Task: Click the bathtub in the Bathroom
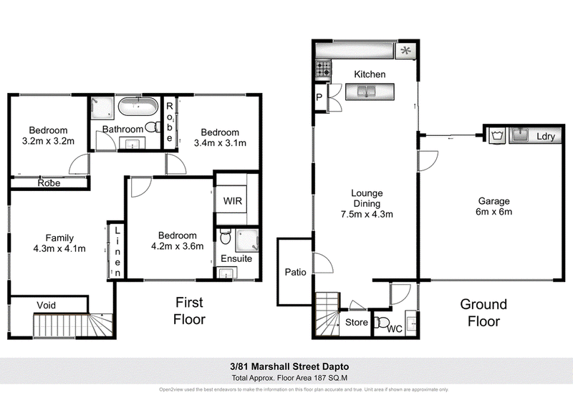pos(138,107)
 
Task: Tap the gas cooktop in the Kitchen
pos(324,69)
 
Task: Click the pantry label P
pos(319,97)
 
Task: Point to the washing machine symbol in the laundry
pos(496,135)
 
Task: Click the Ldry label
pos(546,136)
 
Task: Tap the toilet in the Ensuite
pos(226,237)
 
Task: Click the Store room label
pos(356,322)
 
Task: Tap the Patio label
pos(295,272)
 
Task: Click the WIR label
pos(233,201)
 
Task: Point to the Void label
pos(47,306)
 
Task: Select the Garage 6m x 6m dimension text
pos(493,212)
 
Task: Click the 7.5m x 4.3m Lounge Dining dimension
pos(367,214)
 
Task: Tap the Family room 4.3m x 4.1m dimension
pos(59,249)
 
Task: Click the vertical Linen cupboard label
pos(117,252)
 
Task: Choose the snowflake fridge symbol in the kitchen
pos(405,51)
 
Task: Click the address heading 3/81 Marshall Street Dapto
pos(289,366)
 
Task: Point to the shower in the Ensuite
pos(247,240)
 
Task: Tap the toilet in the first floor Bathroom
pos(153,127)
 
